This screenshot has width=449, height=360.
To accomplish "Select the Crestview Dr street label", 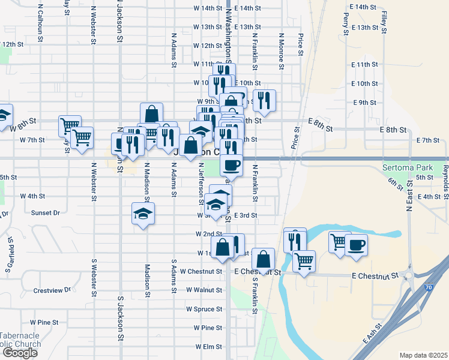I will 52,290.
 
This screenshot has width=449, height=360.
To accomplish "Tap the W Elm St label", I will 208,347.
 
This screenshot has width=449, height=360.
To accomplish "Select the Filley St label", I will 382,20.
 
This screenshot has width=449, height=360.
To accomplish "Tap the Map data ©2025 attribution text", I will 423,355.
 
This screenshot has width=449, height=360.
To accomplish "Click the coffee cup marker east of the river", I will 355,246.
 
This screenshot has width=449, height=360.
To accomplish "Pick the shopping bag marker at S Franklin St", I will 263,260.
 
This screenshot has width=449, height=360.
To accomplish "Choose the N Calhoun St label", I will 40,24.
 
